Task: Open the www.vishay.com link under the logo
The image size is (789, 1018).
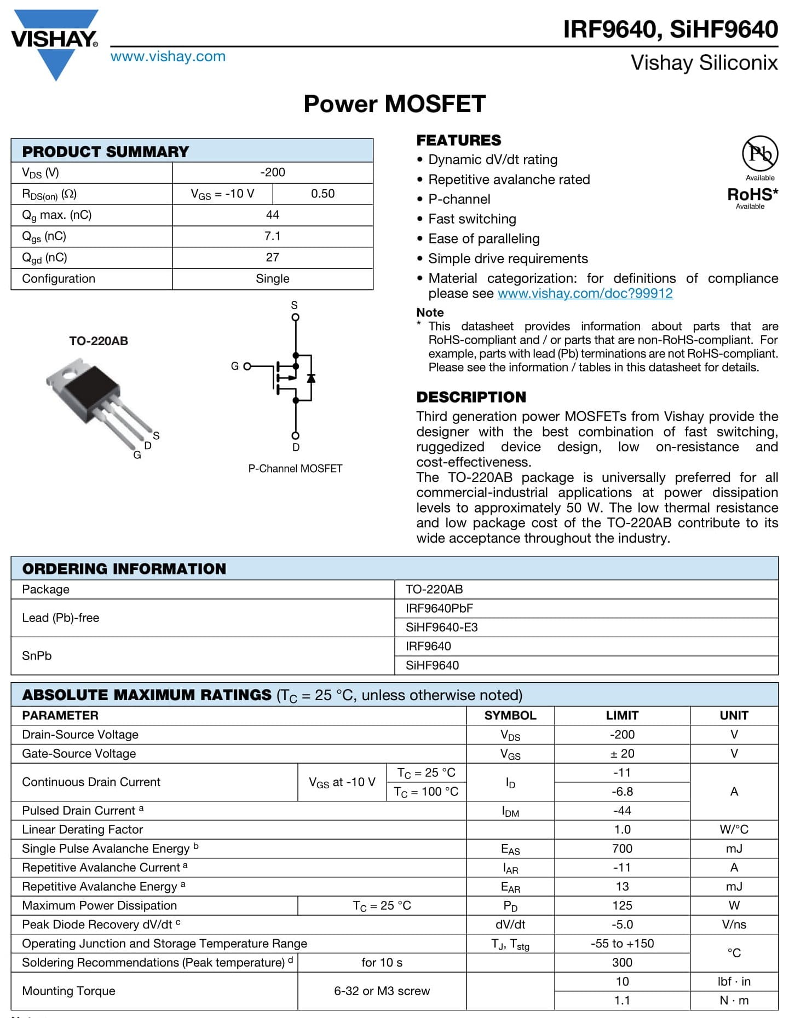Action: coord(168,56)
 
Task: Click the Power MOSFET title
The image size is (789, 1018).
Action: coord(394,104)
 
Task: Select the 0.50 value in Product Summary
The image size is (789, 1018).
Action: coord(322,194)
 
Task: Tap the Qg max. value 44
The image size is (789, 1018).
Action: coord(272,215)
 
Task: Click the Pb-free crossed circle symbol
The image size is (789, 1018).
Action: coord(760,154)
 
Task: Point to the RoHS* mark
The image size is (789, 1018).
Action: coord(752,194)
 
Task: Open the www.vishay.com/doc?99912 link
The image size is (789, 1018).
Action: coord(585,293)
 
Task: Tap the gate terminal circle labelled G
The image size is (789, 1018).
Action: coord(247,366)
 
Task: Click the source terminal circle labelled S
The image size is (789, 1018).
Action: coord(296,317)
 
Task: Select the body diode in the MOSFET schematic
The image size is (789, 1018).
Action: coord(311,378)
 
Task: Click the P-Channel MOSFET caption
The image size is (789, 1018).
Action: coord(295,469)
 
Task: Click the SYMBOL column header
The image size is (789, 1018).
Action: coord(510,715)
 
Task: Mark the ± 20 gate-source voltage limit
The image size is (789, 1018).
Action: coord(622,754)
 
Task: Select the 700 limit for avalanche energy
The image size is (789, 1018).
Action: coord(622,848)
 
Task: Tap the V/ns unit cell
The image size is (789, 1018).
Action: coord(734,924)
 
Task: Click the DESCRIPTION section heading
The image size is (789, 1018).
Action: coord(471,397)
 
